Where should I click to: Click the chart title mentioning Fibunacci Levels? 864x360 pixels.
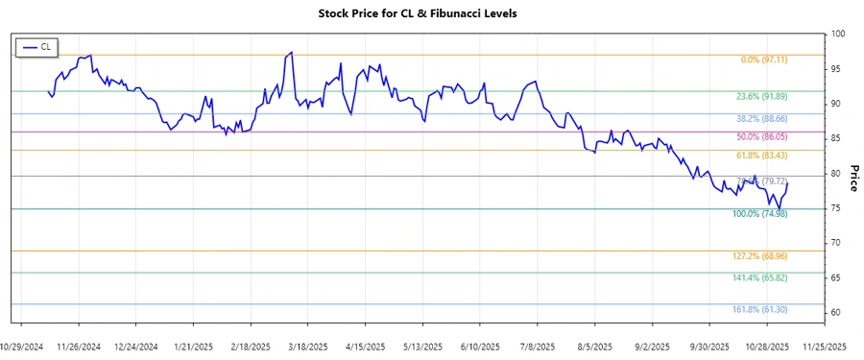tap(431, 13)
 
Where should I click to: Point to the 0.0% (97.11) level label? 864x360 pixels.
tap(764, 60)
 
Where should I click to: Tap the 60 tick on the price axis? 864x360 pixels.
tap(836, 313)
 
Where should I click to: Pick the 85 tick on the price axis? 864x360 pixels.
tap(836, 139)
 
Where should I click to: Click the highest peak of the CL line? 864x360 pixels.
tap(290, 53)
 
